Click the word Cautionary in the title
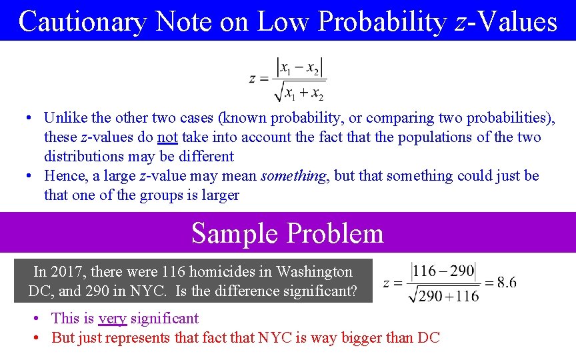click(x=83, y=21)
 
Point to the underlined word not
click(x=167, y=137)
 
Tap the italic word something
click(x=294, y=176)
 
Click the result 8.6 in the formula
click(x=506, y=283)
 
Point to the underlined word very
click(x=112, y=319)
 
